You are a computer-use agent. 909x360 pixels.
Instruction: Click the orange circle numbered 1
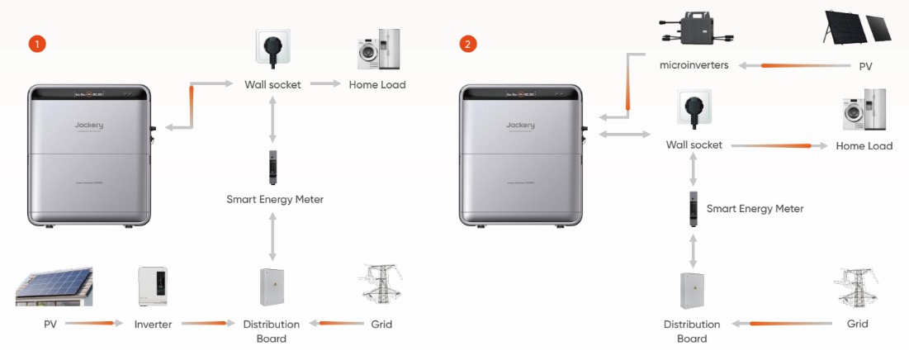coord(36,43)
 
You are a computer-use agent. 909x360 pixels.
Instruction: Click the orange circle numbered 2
coord(468,43)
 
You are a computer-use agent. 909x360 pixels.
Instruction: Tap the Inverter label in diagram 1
coord(153,324)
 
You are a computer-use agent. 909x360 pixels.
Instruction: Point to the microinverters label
coord(694,65)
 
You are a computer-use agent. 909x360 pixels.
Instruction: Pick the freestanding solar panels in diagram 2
coord(856,27)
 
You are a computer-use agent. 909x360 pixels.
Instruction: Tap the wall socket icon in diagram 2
coord(694,109)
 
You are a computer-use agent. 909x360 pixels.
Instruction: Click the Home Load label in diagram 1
coord(376,84)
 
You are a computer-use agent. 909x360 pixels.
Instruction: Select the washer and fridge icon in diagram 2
coord(864,109)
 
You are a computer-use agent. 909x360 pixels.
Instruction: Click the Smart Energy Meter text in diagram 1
coord(275,199)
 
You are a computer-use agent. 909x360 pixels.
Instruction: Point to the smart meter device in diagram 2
coord(694,209)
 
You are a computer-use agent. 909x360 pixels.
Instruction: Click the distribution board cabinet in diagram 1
coord(272,288)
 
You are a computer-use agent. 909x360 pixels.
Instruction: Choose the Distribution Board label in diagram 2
coord(692,330)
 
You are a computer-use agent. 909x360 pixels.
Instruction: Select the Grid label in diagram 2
coord(857,324)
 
